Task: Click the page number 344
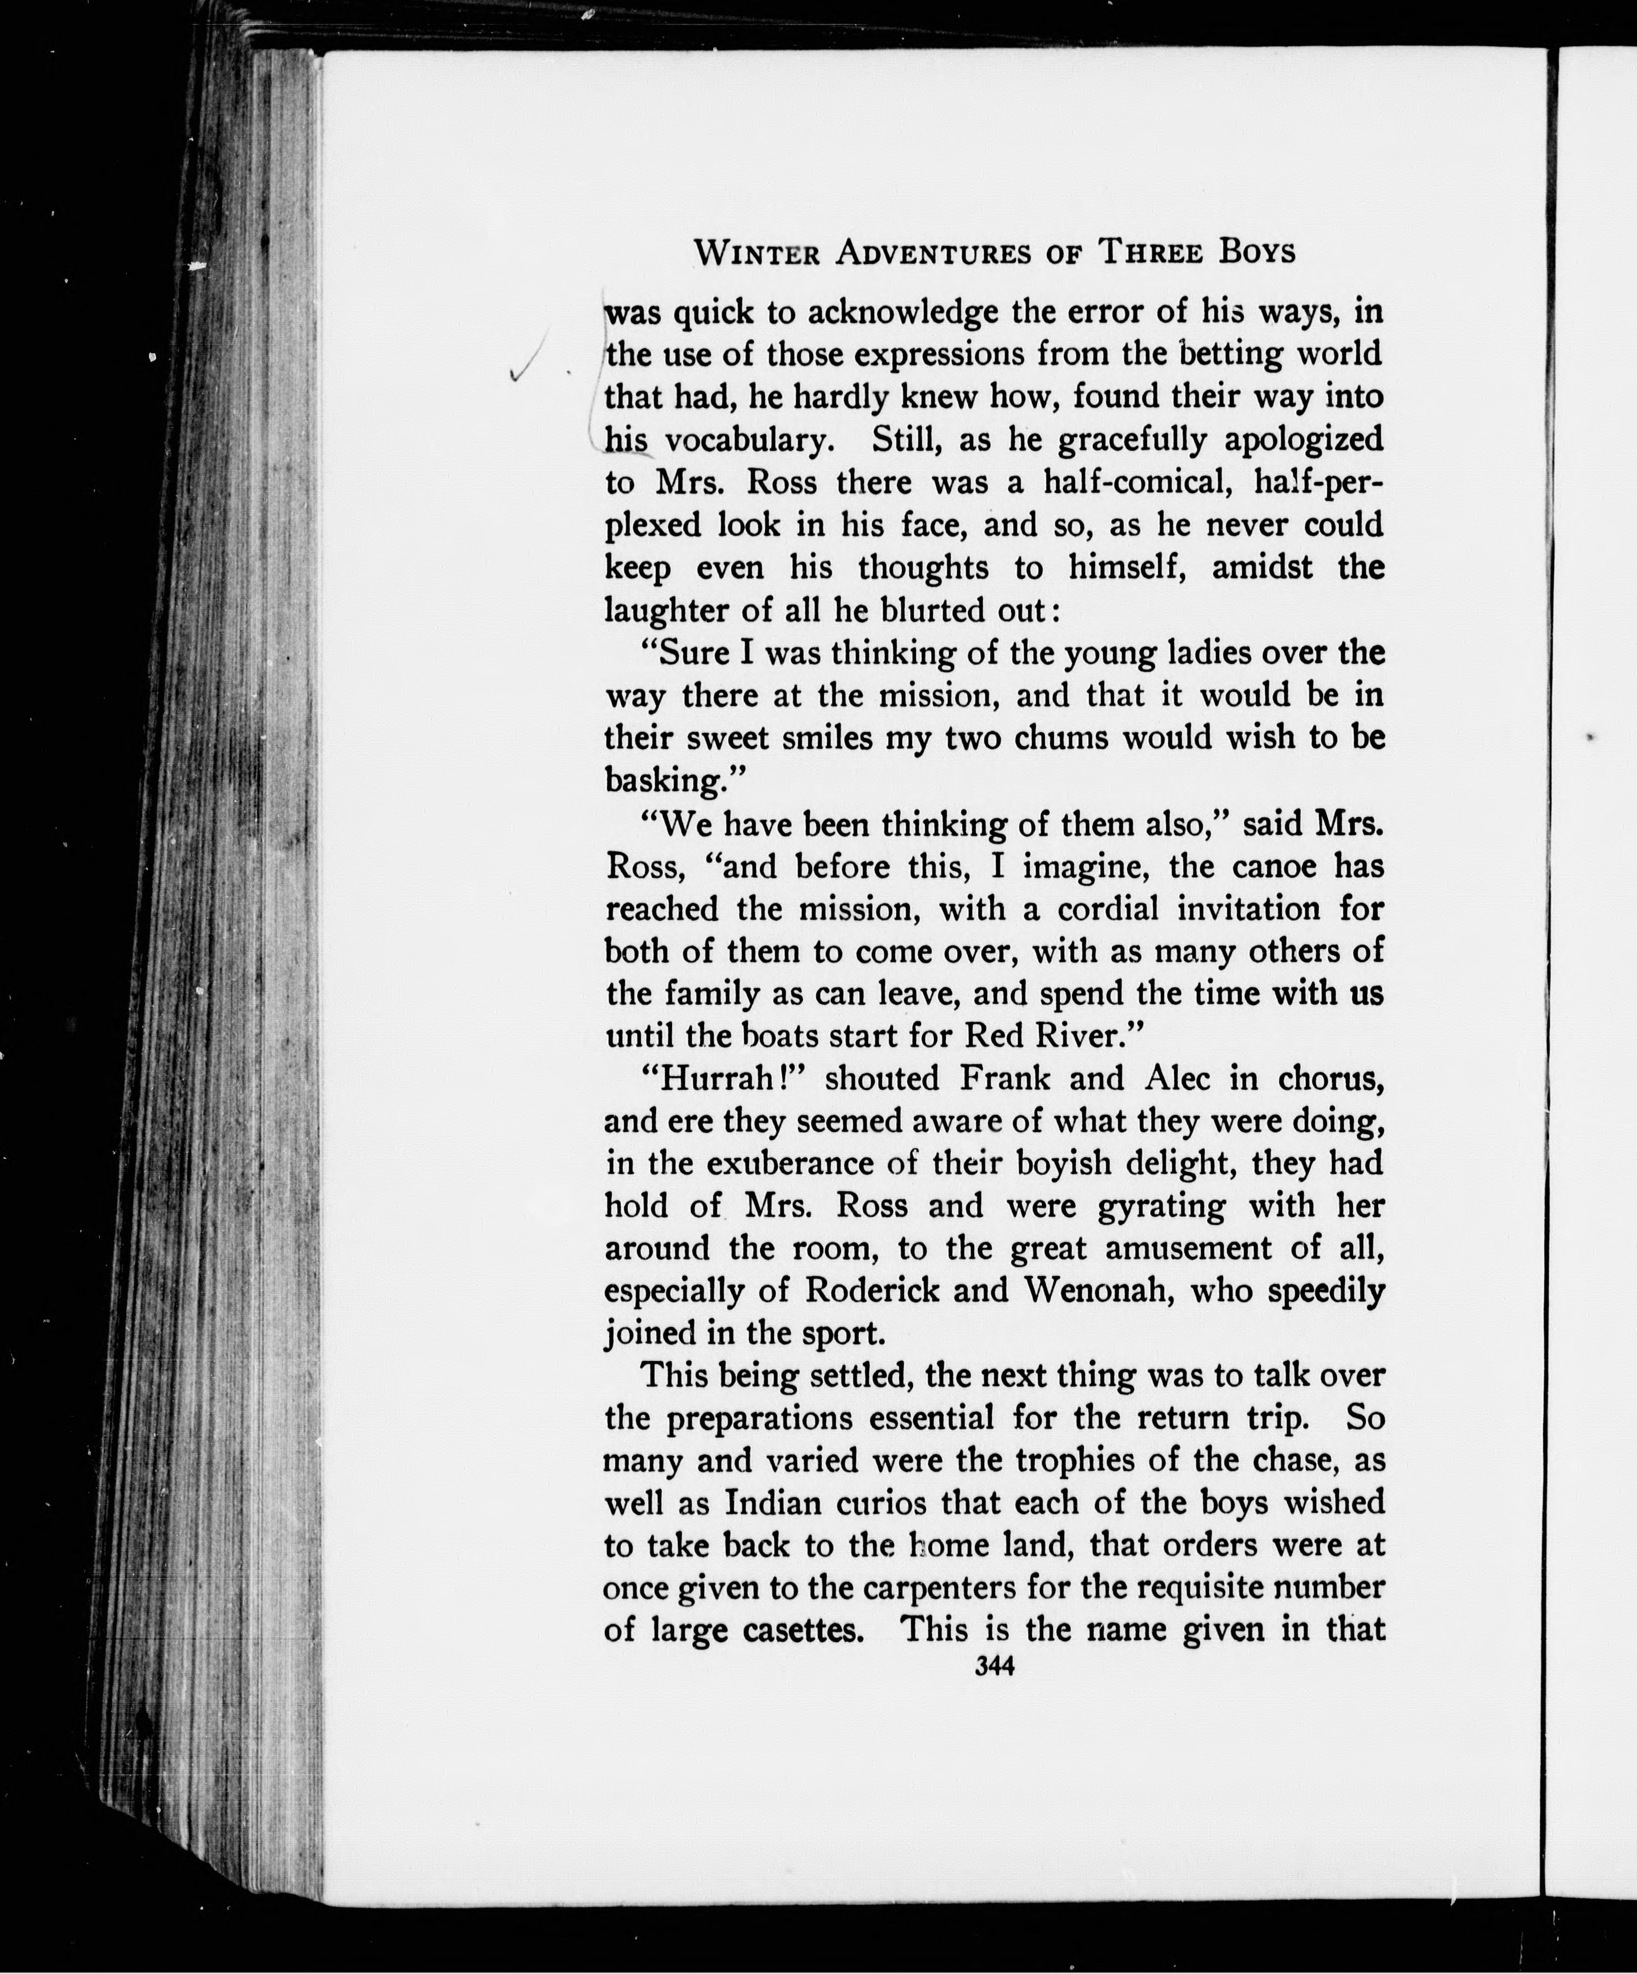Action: tap(995, 1667)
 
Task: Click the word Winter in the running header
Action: tap(756, 252)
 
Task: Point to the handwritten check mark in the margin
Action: tap(523, 362)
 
